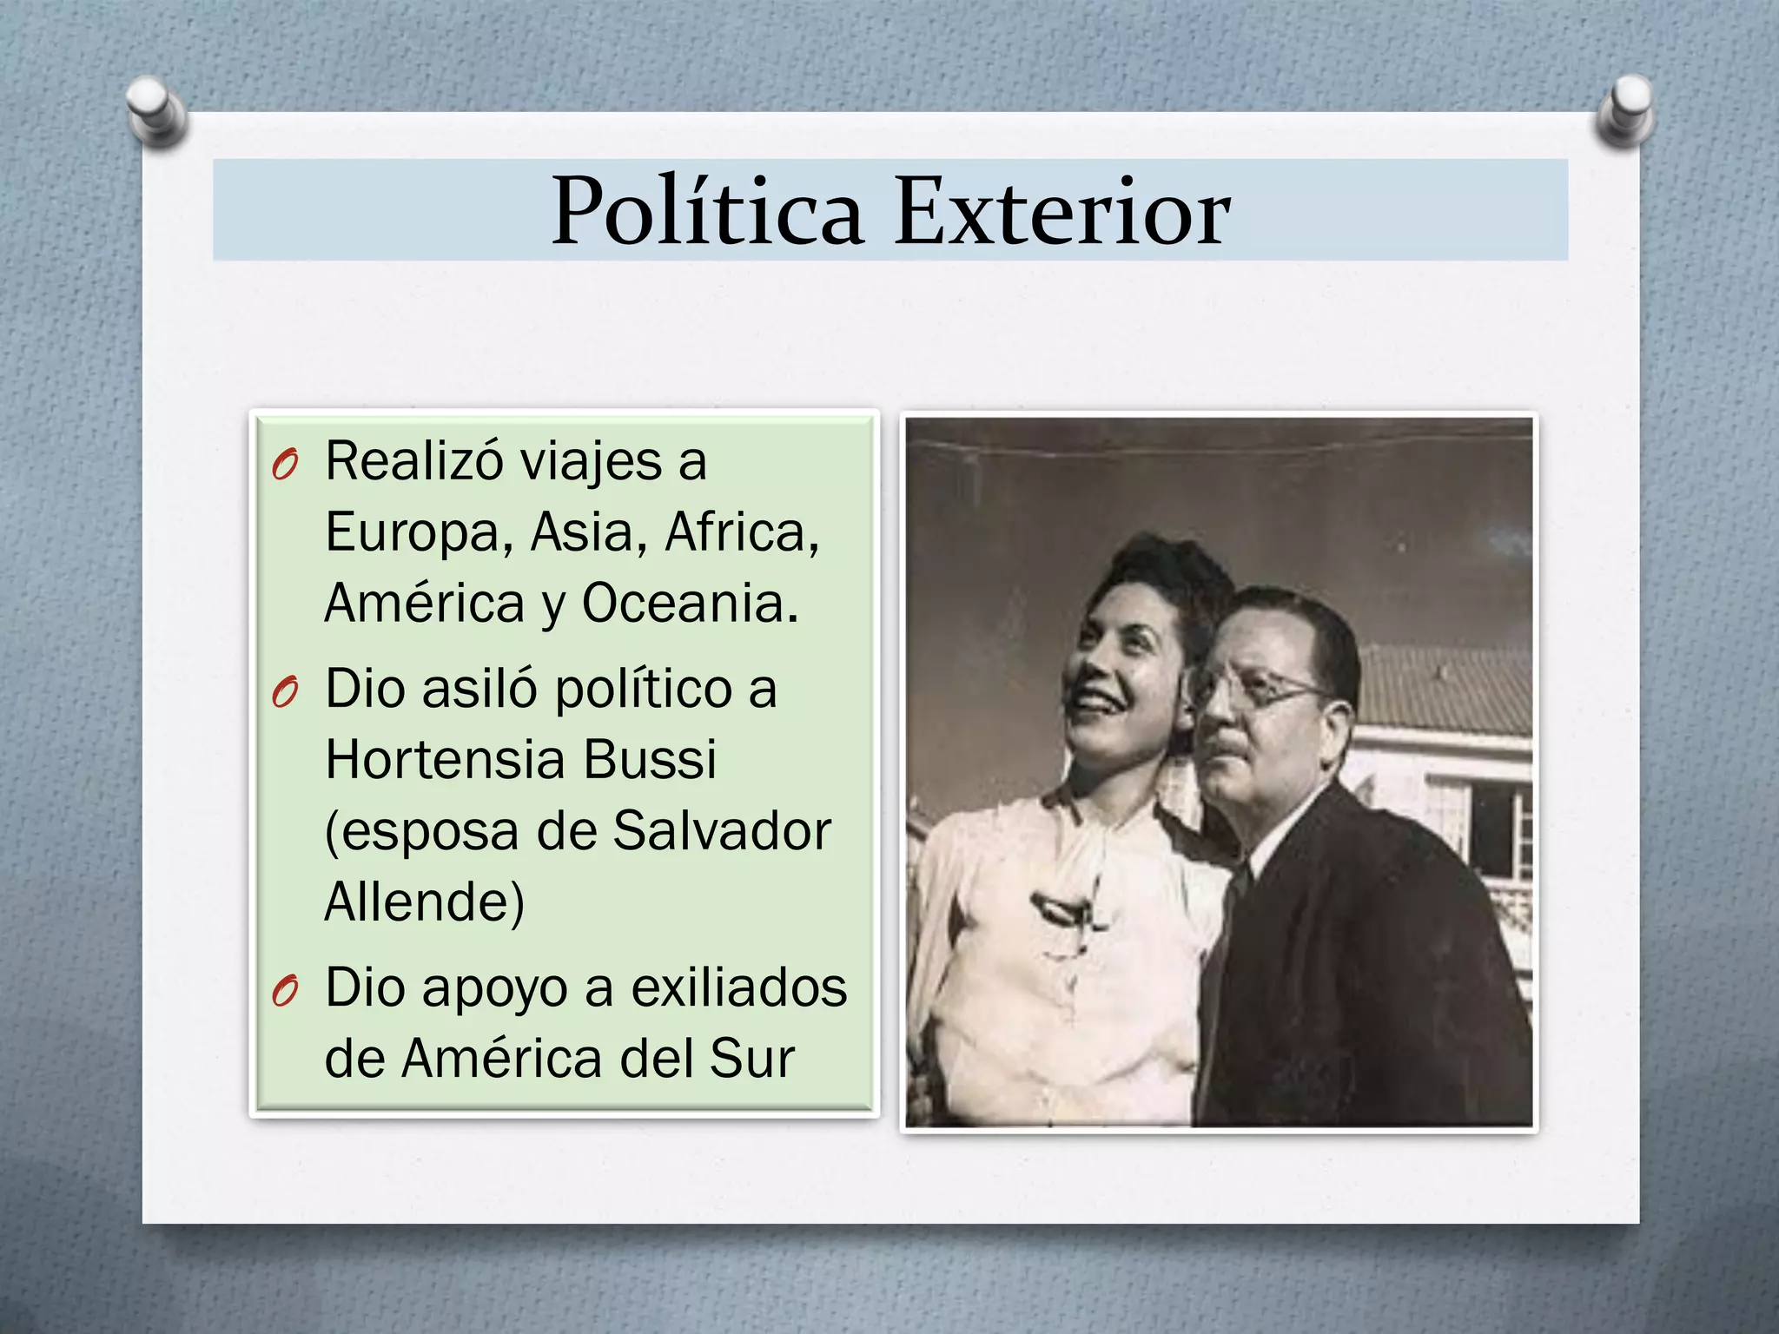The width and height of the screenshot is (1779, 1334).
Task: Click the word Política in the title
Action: click(707, 211)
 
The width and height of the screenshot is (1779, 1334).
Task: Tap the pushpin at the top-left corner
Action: click(156, 109)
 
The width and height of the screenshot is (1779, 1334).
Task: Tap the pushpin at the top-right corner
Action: click(1626, 109)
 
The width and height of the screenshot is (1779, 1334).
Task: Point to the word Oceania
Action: click(690, 603)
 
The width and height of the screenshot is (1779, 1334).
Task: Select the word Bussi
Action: click(649, 760)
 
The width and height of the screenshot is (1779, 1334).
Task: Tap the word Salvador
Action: click(722, 831)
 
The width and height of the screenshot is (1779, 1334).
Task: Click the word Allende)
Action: click(425, 902)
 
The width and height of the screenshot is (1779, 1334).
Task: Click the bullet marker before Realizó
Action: click(284, 466)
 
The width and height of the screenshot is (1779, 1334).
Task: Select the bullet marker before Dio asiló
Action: click(284, 693)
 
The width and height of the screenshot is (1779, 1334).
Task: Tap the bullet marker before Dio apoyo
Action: click(284, 992)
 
